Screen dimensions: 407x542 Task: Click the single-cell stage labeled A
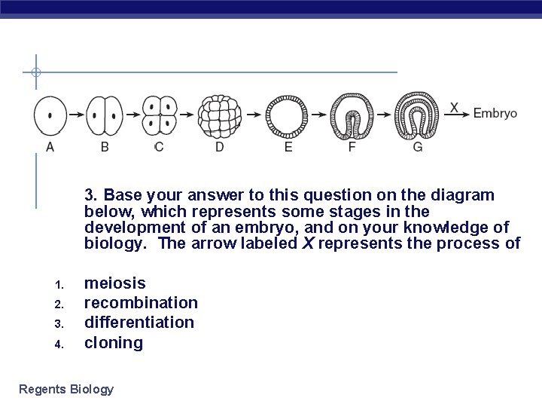point(50,115)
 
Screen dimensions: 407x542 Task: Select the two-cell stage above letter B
point(105,115)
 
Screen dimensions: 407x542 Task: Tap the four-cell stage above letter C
point(159,115)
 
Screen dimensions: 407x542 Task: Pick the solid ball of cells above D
point(220,115)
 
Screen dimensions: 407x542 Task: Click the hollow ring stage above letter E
point(288,115)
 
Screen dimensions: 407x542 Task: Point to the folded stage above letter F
point(352,115)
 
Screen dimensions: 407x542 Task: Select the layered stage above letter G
point(419,115)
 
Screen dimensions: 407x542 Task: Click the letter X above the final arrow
point(454,107)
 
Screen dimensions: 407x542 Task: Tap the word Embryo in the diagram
point(495,113)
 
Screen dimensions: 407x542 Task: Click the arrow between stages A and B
point(77,115)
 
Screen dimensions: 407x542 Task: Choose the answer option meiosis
point(115,283)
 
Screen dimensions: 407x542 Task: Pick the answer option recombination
point(141,303)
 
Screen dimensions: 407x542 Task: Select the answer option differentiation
point(139,323)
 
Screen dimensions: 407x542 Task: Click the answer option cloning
point(113,343)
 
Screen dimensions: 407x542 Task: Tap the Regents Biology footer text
point(66,389)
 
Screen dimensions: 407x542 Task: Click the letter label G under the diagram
point(418,147)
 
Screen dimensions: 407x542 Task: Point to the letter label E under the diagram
point(288,147)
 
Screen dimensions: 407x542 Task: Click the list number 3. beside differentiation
point(59,324)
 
